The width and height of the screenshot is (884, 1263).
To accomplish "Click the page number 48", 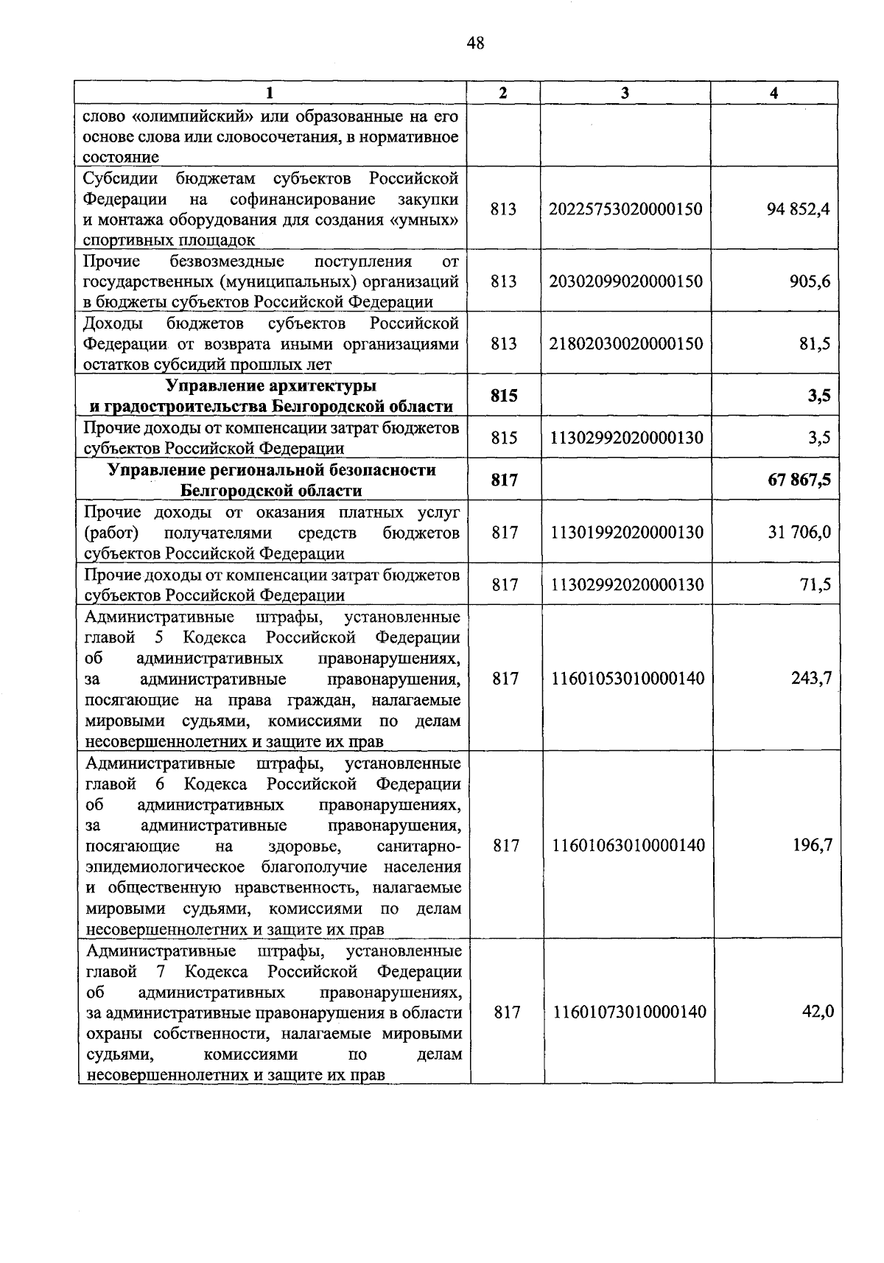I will [x=475, y=43].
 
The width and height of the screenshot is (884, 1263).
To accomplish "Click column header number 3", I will [x=625, y=93].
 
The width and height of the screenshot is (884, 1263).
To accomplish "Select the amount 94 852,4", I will [x=798, y=209].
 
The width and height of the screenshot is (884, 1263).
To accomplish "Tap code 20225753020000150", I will [x=625, y=209].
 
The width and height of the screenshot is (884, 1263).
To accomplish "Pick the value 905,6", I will [x=810, y=281].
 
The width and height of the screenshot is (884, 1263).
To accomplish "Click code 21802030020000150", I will [x=625, y=344].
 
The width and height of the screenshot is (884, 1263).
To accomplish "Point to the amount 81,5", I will [x=815, y=344].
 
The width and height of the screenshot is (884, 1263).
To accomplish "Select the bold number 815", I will [x=504, y=396].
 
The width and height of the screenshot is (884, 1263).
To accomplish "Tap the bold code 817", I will [x=505, y=480].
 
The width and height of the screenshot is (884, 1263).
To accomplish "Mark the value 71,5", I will [x=815, y=584].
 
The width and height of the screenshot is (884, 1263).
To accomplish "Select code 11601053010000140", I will [x=628, y=678].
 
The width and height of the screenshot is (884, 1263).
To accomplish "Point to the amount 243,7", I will [x=811, y=678].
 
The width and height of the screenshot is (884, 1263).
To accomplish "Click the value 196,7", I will [x=812, y=845].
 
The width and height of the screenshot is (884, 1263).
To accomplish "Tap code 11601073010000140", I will [x=629, y=1012].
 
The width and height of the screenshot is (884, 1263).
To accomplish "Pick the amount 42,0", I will [x=818, y=1012].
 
